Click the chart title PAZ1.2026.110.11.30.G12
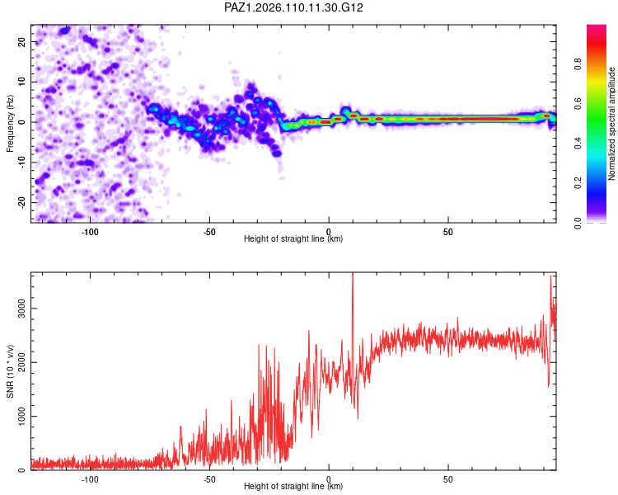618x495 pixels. click(x=293, y=7)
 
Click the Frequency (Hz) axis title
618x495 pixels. click(x=10, y=124)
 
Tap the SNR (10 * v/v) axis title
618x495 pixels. click(x=10, y=371)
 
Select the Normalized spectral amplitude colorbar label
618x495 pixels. click(x=611, y=124)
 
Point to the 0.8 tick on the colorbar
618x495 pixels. click(x=578, y=64)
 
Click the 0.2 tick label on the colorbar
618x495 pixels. click(x=578, y=183)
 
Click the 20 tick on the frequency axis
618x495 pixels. click(x=22, y=42)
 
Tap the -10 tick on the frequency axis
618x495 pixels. click(x=22, y=163)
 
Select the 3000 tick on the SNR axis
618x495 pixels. click(x=22, y=309)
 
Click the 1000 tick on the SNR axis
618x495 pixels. click(x=22, y=416)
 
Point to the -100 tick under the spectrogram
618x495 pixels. click(x=90, y=232)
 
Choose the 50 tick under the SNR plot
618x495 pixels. click(x=447, y=479)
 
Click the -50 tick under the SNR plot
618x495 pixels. click(x=209, y=479)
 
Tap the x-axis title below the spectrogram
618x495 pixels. click(x=293, y=238)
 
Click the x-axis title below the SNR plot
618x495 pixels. click(x=293, y=486)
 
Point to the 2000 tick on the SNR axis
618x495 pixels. click(x=22, y=362)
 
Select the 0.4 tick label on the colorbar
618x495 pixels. click(x=578, y=144)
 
